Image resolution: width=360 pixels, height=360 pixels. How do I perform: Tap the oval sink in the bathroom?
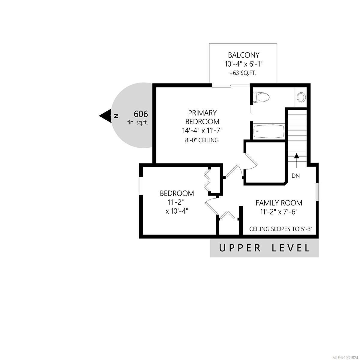coord(301,97)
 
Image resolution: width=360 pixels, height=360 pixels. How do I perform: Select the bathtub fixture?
coord(268,131)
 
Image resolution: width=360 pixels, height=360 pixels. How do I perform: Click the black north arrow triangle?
coord(105,116)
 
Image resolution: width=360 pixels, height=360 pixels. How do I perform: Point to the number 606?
coord(141,114)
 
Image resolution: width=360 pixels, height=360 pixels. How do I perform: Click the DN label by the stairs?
coord(295,175)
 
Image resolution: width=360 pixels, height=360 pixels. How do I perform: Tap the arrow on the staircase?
coord(296,161)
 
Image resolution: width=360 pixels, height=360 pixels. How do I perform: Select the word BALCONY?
coord(244,55)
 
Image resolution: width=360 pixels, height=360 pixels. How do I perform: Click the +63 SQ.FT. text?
coord(243,73)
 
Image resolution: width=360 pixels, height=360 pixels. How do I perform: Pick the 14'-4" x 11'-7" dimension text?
coord(202,130)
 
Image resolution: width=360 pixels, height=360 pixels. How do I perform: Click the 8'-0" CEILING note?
coord(202,140)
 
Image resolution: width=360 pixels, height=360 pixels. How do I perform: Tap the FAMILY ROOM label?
coord(279,203)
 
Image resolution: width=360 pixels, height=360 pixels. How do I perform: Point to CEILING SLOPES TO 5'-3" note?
coord(281,229)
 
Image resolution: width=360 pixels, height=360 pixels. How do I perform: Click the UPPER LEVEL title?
coord(264,248)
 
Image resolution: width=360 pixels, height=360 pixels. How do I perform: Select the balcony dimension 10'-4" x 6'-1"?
coord(244,64)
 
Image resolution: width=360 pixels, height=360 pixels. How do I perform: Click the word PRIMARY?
coord(202,113)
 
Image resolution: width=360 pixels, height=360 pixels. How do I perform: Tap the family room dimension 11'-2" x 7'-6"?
coord(279,212)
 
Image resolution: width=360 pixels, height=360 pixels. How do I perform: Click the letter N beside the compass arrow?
coord(116,116)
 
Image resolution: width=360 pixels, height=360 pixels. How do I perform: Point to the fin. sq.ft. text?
coord(138,122)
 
